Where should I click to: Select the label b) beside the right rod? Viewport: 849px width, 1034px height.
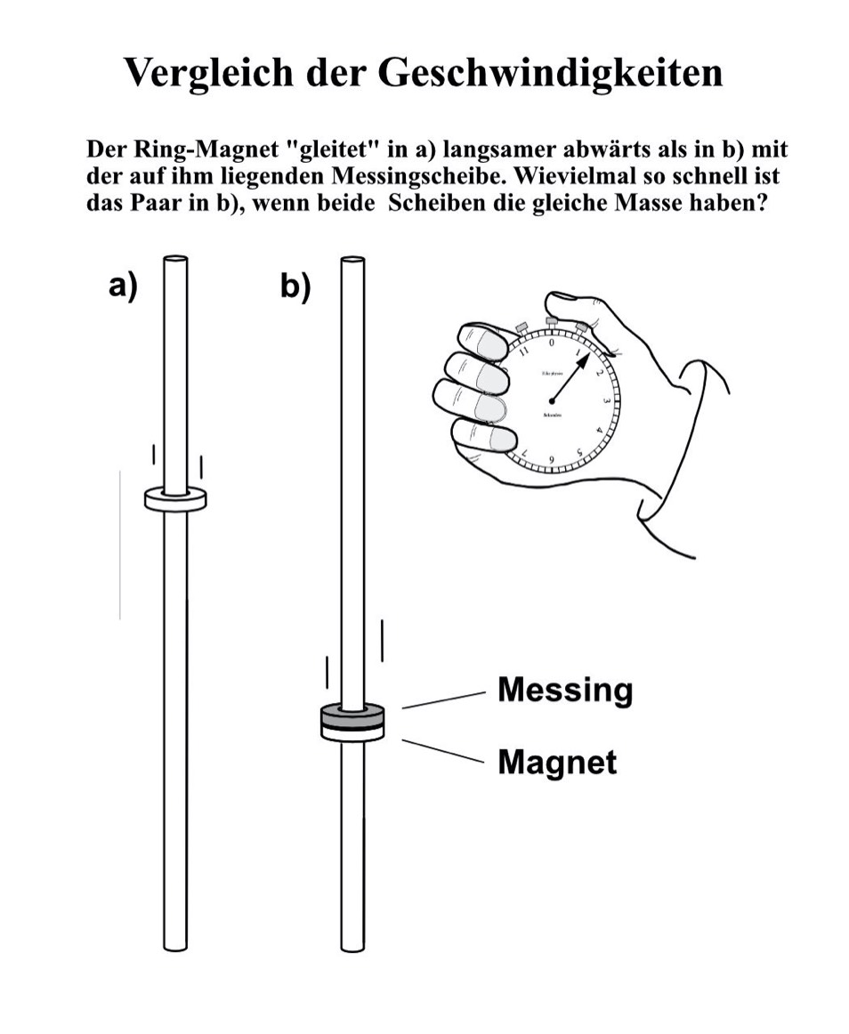pos(295,287)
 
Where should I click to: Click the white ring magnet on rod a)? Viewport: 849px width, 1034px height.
pos(175,500)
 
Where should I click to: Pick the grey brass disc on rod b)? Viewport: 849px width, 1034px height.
pos(352,714)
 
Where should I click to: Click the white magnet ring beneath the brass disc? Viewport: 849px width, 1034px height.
pos(352,732)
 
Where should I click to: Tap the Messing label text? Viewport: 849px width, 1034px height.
pos(564,690)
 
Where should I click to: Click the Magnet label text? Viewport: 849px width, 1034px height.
pos(556,762)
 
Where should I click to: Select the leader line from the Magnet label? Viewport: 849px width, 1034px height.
pos(441,750)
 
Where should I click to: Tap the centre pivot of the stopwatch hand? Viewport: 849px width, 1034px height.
pos(554,398)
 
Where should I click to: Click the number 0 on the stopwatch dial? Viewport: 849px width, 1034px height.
pos(552,342)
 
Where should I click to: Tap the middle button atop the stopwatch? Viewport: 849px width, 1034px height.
pos(552,320)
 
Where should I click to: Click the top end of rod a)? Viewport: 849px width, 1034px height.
pos(175,260)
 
